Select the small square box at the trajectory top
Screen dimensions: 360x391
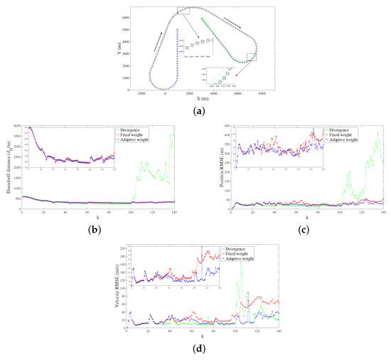point(183,10)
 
